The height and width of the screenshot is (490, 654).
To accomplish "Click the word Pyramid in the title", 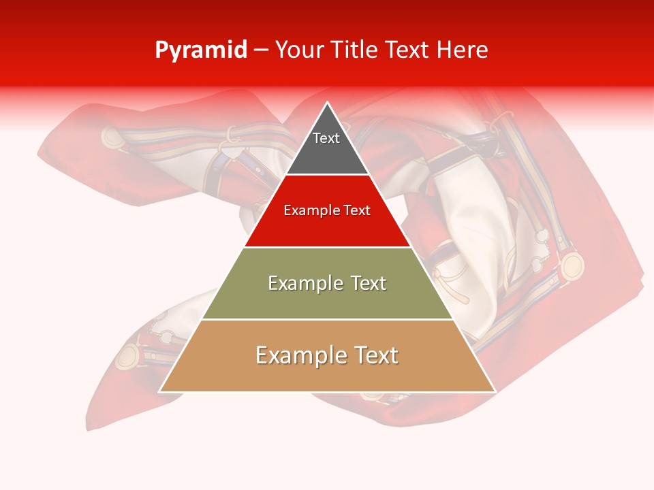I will point(200,50).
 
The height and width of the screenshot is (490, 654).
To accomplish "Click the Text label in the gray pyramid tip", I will point(326,138).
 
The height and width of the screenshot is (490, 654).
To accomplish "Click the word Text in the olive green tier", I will point(364,283).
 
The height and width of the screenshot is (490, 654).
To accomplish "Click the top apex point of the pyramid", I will point(328,103).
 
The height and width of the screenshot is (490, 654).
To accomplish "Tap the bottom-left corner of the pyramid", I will point(160,391).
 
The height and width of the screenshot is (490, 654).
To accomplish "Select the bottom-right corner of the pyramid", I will point(495,391).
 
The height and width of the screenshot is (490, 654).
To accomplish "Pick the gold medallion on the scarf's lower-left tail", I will point(128,357).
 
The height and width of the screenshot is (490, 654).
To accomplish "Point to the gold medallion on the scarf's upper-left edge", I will point(113,137).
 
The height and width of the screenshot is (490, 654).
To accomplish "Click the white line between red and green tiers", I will point(328,247).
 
